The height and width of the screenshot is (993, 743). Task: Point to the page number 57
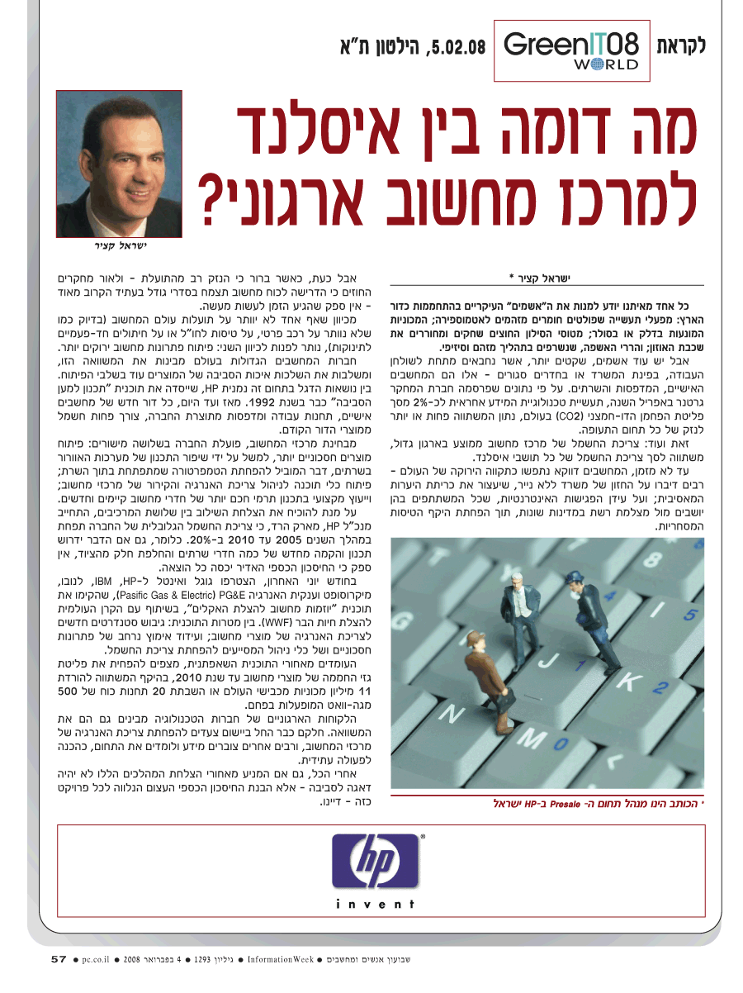[58, 959]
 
